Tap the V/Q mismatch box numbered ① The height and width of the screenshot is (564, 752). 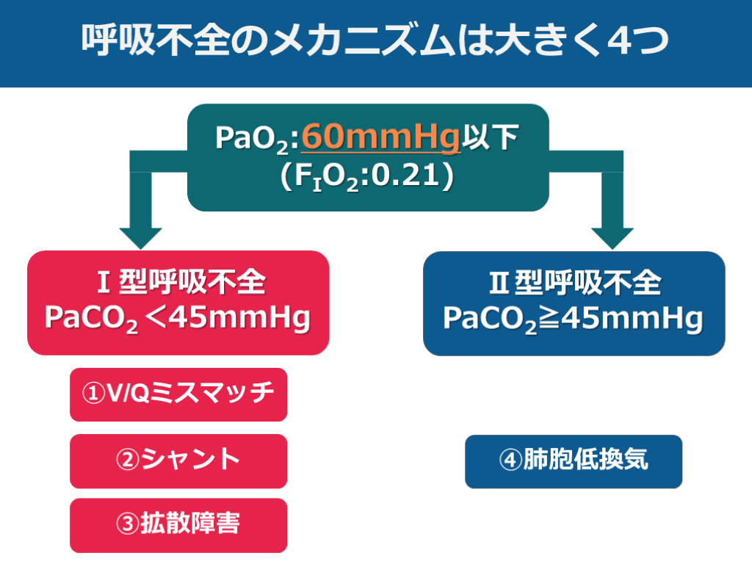[x=178, y=394]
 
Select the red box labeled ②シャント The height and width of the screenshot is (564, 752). [x=178, y=461]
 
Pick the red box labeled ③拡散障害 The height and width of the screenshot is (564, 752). [x=178, y=525]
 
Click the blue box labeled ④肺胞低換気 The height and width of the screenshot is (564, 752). [x=574, y=461]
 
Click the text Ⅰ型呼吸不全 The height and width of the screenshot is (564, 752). [x=178, y=283]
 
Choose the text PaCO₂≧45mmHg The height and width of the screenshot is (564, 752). [x=574, y=319]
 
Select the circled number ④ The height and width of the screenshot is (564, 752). [x=510, y=461]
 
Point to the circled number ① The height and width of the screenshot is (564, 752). [x=93, y=394]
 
